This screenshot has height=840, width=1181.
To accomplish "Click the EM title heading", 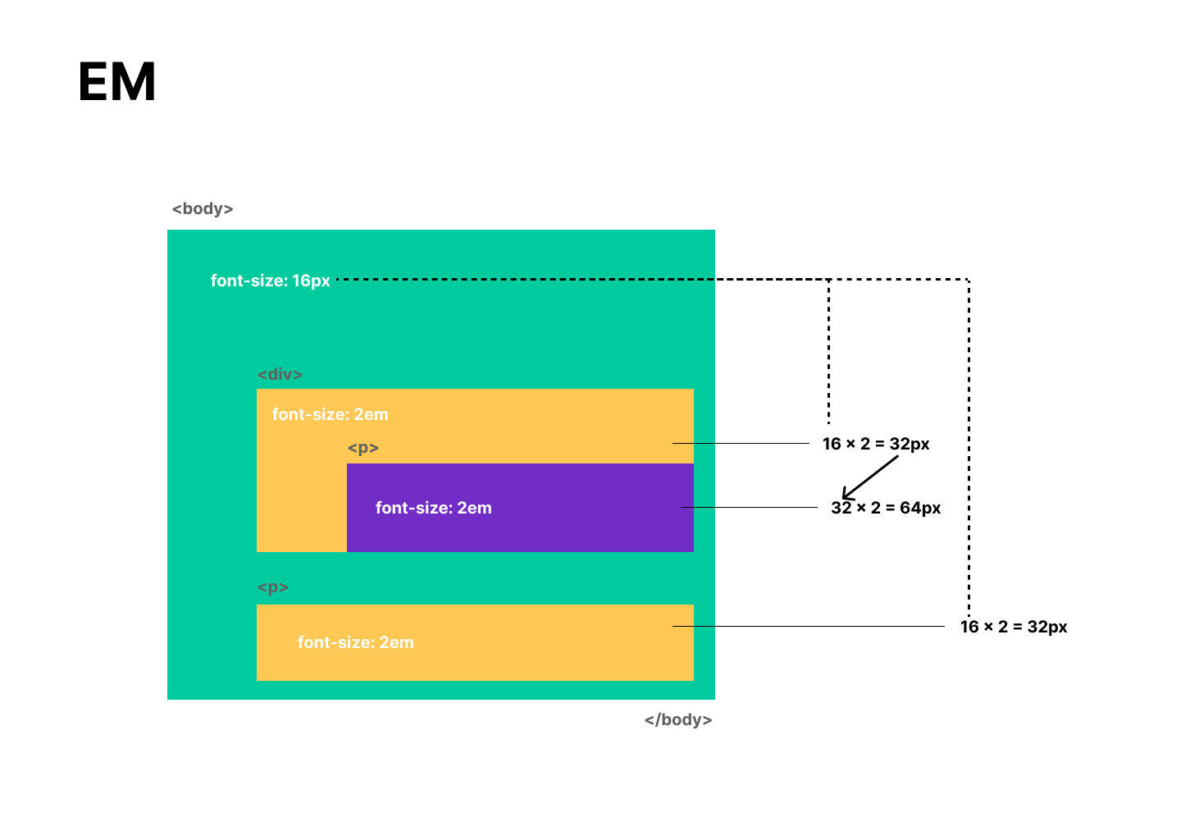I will (117, 82).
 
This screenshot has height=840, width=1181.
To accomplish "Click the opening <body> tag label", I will (203, 209).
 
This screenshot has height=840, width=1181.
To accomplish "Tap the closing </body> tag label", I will (678, 720).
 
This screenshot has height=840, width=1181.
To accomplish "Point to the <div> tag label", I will (280, 375).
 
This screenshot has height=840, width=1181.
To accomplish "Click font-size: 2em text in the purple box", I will (433, 508).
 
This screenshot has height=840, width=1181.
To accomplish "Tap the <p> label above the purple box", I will (363, 448).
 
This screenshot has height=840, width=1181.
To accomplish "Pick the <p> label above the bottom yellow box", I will (273, 588).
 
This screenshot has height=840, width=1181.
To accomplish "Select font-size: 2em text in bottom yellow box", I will (355, 642).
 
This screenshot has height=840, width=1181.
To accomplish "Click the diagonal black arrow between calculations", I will (871, 477).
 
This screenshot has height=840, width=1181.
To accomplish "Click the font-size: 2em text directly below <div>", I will (330, 414).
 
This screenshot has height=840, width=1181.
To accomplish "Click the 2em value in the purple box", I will (474, 508).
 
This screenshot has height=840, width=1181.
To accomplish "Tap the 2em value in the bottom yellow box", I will (396, 642).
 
